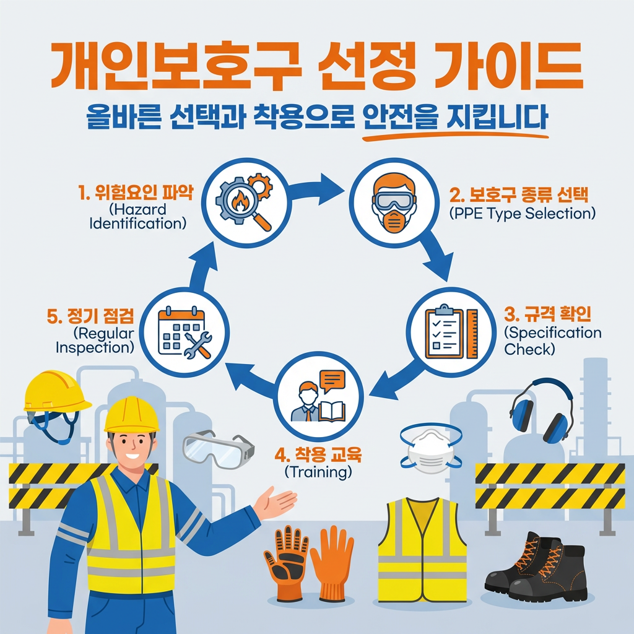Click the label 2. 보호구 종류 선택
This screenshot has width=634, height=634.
tap(519, 197)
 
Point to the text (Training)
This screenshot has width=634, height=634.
tap(318, 472)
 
